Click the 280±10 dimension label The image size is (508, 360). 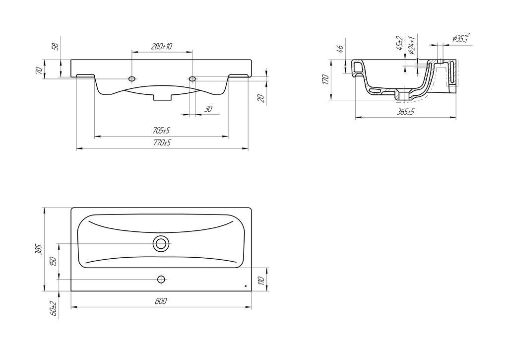coord(161,46)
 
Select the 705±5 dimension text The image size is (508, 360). coord(161,131)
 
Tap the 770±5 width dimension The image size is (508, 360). coord(162,143)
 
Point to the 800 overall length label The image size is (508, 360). coord(161,301)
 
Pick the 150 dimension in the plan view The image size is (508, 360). coord(53,261)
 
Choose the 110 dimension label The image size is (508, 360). coord(262,280)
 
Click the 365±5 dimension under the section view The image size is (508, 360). coord(406,112)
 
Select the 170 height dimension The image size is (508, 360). coord(325,80)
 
